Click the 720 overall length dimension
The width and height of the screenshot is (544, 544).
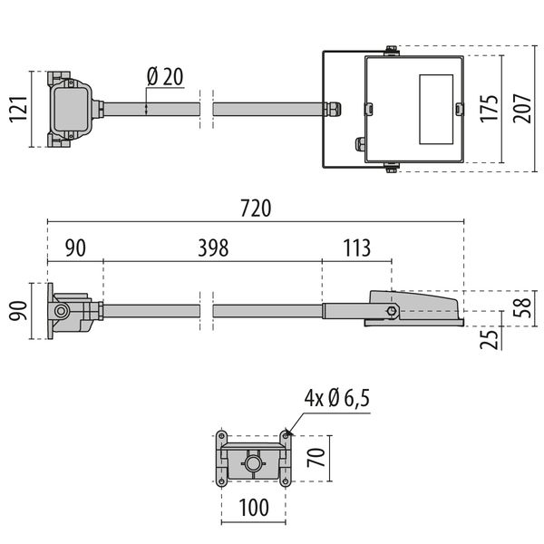257,208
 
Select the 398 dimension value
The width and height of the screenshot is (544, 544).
213,248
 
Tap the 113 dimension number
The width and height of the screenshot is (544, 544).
356,248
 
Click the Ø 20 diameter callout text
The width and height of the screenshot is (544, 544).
164,77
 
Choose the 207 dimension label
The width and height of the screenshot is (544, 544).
523,109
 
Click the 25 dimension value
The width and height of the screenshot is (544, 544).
489,339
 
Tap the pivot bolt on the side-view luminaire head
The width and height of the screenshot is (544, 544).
392,311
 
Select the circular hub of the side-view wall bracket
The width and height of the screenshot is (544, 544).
62,311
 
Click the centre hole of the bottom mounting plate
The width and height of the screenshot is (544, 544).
253,465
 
